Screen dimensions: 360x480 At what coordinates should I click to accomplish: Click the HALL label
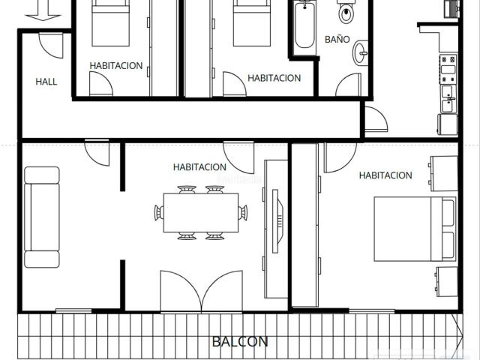(46, 82)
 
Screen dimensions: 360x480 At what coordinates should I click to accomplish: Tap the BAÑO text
(337, 38)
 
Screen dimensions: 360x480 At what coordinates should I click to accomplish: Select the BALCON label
(240, 341)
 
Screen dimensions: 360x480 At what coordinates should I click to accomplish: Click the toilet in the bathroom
(346, 12)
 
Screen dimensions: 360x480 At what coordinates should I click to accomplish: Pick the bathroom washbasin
(361, 51)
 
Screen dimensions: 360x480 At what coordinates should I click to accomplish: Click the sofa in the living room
(42, 217)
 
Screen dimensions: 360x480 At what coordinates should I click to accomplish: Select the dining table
(200, 213)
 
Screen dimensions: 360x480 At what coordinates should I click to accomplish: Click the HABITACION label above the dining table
(200, 167)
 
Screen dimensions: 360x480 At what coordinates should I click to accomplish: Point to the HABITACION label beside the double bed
(385, 175)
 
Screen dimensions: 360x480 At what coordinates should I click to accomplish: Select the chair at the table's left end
(158, 213)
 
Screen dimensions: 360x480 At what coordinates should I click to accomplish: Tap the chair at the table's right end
(242, 213)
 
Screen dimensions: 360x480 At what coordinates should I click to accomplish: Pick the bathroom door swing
(348, 85)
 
